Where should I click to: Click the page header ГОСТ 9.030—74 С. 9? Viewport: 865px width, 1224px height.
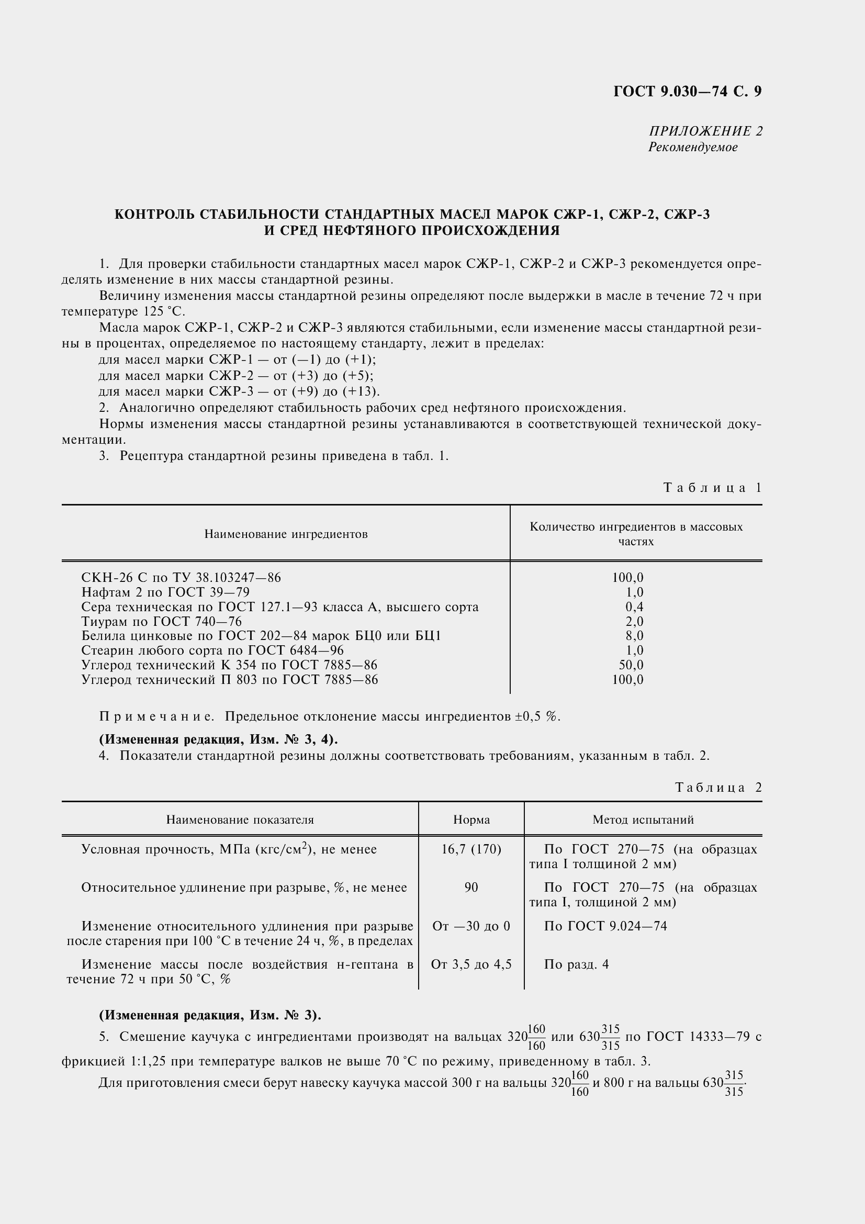pyautogui.click(x=687, y=92)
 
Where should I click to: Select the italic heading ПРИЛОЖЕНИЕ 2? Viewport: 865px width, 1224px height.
pyautogui.click(x=705, y=131)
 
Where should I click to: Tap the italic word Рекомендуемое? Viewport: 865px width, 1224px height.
pyautogui.click(x=692, y=147)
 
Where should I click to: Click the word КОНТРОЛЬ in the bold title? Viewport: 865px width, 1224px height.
pyautogui.click(x=154, y=215)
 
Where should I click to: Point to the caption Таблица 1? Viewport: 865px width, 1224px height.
pyautogui.click(x=712, y=487)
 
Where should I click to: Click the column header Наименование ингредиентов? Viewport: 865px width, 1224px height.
pyautogui.click(x=286, y=534)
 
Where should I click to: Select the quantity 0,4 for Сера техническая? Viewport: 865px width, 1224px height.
pyautogui.click(x=634, y=607)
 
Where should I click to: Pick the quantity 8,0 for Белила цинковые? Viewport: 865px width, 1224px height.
pyautogui.click(x=634, y=635)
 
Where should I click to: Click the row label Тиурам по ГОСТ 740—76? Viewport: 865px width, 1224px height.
pyautogui.click(x=162, y=621)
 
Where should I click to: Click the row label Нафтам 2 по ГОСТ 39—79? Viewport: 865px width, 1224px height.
pyautogui.click(x=165, y=592)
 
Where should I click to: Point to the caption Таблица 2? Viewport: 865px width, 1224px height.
pyautogui.click(x=718, y=788)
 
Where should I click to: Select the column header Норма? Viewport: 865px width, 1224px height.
pyautogui.click(x=471, y=819)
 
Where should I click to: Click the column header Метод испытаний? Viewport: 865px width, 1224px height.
pyautogui.click(x=643, y=819)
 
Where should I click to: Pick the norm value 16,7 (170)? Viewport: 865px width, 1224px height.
pyautogui.click(x=471, y=849)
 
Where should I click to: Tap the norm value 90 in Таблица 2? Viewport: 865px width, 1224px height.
pyautogui.click(x=471, y=887)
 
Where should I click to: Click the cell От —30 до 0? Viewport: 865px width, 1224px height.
pyautogui.click(x=471, y=926)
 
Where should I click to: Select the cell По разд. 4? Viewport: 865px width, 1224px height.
pyautogui.click(x=576, y=964)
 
